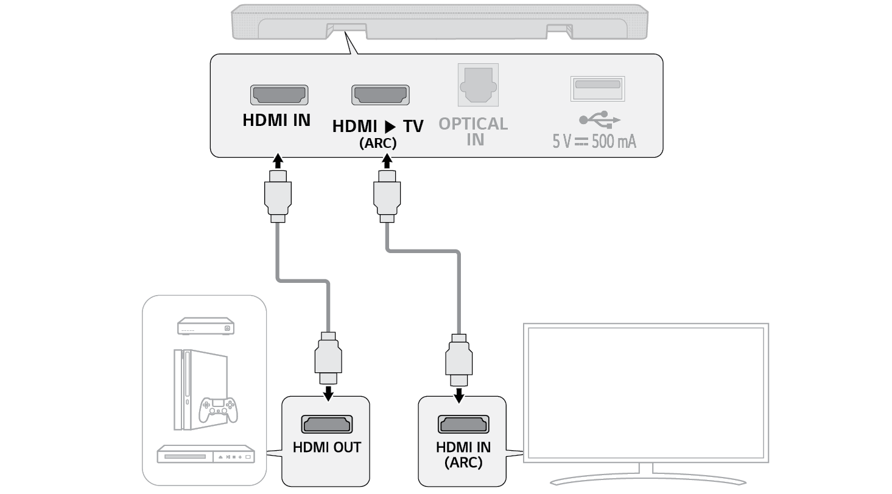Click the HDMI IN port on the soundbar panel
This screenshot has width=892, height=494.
(x=279, y=95)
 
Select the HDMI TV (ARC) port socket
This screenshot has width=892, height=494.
(x=380, y=95)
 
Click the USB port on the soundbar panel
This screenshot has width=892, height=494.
(x=597, y=88)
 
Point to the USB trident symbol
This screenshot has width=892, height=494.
(x=599, y=118)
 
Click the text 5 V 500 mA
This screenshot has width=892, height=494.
(x=594, y=142)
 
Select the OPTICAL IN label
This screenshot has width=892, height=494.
(x=473, y=131)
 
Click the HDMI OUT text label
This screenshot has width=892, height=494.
(x=326, y=448)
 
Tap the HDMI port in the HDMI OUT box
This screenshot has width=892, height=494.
(x=326, y=424)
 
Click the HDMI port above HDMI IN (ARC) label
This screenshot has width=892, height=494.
(x=463, y=424)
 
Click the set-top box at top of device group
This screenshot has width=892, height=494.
(x=205, y=326)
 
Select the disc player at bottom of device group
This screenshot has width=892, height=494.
(x=205, y=455)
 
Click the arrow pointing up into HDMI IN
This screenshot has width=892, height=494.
(x=278, y=161)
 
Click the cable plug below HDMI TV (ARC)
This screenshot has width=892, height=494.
(x=386, y=195)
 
